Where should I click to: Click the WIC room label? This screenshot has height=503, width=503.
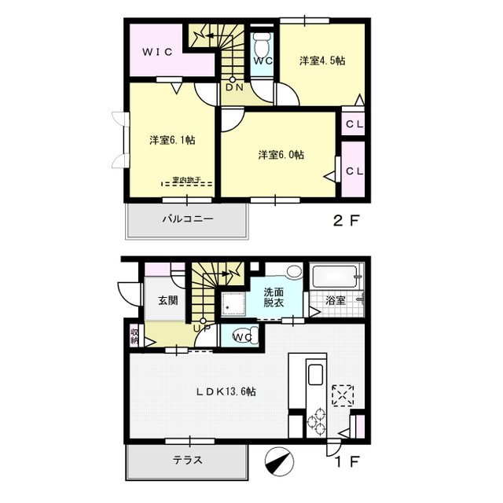pos(158,53)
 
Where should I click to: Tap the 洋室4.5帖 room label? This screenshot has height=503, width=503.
pos(321,61)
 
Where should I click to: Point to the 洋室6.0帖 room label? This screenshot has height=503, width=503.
pos(281,154)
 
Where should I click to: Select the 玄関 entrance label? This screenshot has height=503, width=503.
pos(167,299)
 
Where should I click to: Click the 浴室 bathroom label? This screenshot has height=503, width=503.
pos(336,299)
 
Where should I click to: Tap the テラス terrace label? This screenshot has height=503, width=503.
pos(187,461)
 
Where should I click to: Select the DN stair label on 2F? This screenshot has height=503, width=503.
pos(234,87)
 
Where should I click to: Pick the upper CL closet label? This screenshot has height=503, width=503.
pos(354,124)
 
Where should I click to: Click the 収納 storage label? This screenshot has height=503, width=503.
pos(135,336)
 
